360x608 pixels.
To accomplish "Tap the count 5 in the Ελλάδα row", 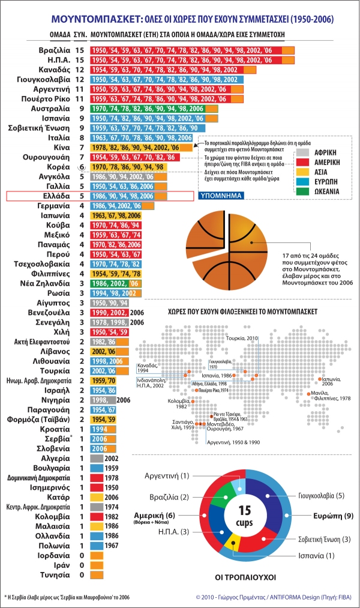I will pyautogui.click(x=81, y=195).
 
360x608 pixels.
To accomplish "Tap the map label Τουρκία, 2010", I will pyautogui.click(x=241, y=339).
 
